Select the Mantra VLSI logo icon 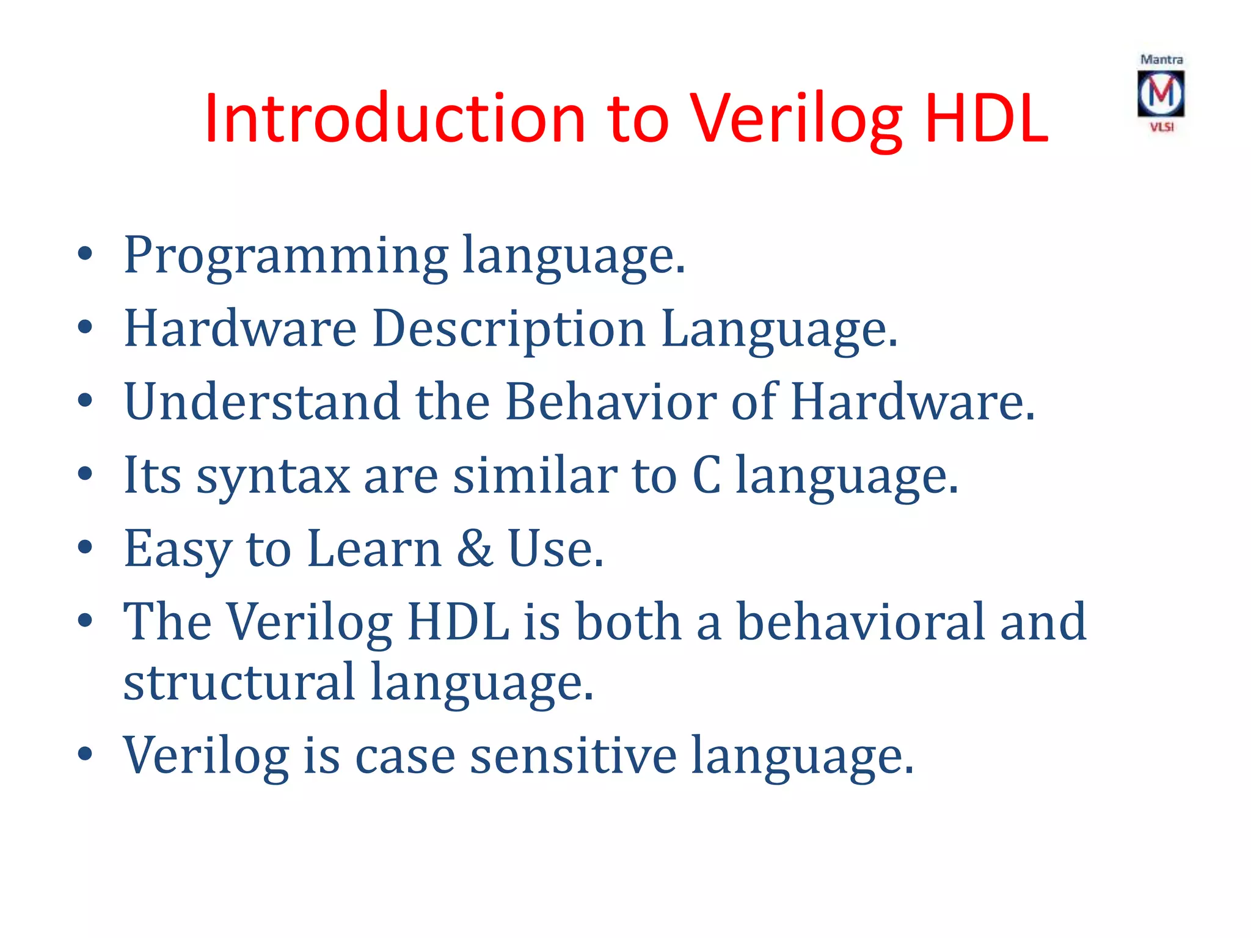tap(1161, 93)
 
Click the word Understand tap(262, 402)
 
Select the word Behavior tap(611, 402)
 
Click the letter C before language tap(706, 475)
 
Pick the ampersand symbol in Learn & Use tap(475, 548)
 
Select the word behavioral tap(860, 622)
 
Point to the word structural tap(239, 682)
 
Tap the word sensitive tap(573, 756)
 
